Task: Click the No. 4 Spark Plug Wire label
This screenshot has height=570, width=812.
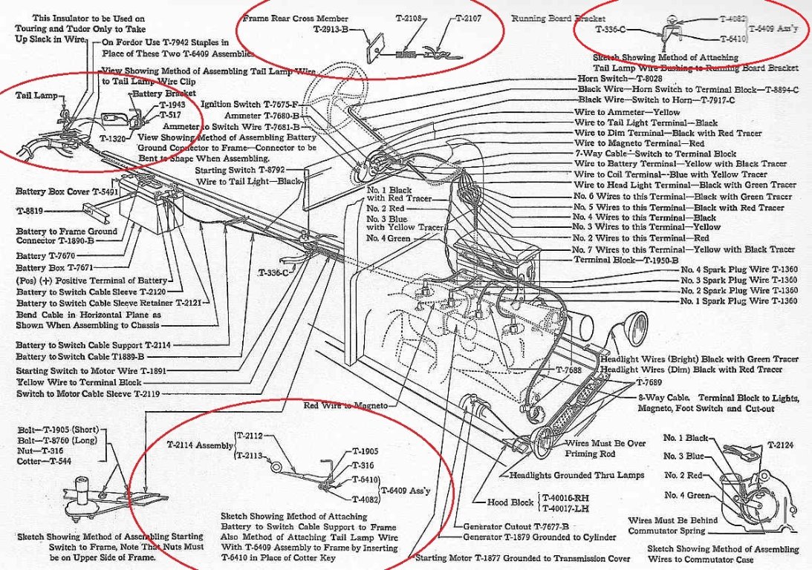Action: (738, 271)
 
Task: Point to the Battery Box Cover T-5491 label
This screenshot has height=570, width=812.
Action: (58, 191)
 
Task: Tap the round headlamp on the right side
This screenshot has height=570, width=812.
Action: (636, 327)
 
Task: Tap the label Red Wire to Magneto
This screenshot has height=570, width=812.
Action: (346, 406)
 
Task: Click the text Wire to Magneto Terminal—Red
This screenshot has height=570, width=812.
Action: (639, 142)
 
